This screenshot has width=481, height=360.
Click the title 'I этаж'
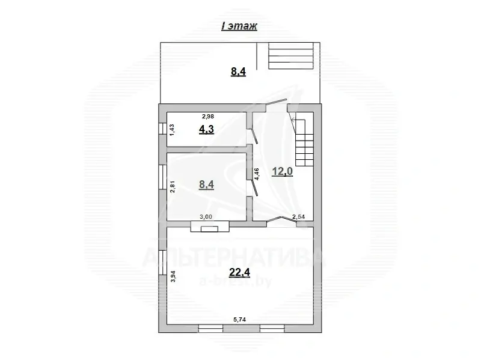pyautogui.click(x=239, y=27)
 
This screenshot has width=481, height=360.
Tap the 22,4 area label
pyautogui.click(x=239, y=272)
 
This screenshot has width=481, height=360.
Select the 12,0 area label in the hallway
pyautogui.click(x=282, y=171)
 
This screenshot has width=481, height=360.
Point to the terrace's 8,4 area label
pyautogui.click(x=239, y=73)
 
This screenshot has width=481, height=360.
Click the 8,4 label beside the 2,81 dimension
pyautogui.click(x=206, y=185)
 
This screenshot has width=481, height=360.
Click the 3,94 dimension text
pyautogui.click(x=173, y=276)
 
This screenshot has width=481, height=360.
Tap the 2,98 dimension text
pyautogui.click(x=207, y=117)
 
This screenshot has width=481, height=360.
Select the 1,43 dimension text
pyautogui.click(x=172, y=130)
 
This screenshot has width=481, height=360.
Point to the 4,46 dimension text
pyautogui.click(x=257, y=175)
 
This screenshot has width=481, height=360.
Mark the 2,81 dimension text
pyautogui.click(x=172, y=186)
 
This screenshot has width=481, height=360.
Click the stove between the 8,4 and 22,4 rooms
pyautogui.click(x=209, y=227)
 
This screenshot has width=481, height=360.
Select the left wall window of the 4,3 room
pyautogui.click(x=162, y=130)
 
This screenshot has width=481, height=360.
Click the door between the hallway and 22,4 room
pyautogui.click(x=281, y=221)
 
